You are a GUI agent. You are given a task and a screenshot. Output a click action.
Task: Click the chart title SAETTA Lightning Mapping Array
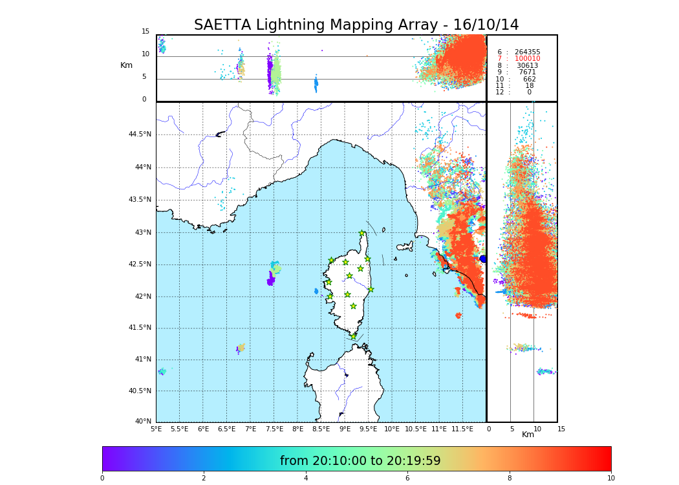coord(356,25)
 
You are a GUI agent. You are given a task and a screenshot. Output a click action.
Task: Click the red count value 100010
coord(527,59)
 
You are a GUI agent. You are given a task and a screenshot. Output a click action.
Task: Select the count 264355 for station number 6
coord(527,52)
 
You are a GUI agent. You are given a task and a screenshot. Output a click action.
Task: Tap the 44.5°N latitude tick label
coord(140,135)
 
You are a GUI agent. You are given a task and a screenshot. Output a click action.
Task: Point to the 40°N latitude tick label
coord(143,422)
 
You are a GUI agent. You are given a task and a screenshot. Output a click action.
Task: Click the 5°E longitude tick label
coord(156,429)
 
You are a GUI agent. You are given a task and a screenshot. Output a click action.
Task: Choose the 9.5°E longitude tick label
coord(369,429)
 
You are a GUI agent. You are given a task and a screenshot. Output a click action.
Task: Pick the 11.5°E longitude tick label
coord(462,429)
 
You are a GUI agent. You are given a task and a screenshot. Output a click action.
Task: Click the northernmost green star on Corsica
coord(362,233)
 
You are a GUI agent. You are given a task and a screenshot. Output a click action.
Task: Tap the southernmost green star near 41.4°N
coord(353,336)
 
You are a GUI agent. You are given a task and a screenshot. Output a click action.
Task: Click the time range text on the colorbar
coord(360,461)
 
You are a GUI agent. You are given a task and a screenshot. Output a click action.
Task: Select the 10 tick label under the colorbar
coord(610,478)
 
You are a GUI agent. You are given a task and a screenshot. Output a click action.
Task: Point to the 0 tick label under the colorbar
coord(102,478)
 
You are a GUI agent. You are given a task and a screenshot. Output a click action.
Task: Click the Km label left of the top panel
coord(126,65)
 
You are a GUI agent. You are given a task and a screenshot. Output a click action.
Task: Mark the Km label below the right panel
coord(528,435)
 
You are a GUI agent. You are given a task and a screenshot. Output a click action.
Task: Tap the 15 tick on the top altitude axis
coord(145,32)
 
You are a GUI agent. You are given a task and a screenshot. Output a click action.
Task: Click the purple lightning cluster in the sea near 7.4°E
coord(270,281)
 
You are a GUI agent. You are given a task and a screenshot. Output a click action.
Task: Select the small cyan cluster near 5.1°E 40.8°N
coord(162,371)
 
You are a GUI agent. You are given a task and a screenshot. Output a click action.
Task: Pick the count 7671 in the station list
coord(527,72)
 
